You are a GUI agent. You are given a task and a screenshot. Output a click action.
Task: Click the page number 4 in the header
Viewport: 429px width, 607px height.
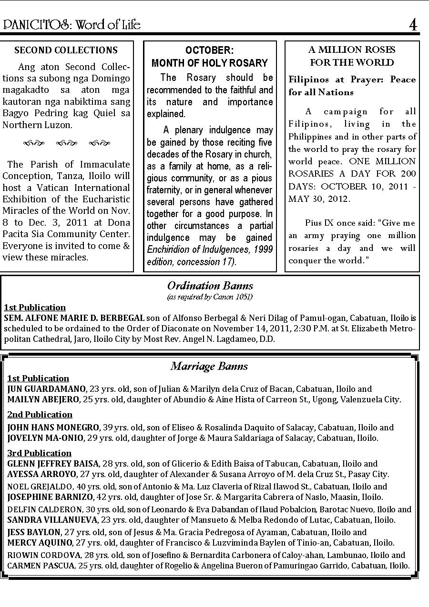pos(413,25)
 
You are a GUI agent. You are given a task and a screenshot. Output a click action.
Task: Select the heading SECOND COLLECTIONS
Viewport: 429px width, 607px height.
pos(66,50)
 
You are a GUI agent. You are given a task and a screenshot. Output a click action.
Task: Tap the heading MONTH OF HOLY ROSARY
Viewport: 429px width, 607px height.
pos(210,63)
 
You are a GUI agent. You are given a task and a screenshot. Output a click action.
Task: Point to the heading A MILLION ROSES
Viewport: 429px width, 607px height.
pos(352,50)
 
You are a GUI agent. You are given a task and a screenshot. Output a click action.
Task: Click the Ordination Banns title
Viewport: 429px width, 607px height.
pos(210,286)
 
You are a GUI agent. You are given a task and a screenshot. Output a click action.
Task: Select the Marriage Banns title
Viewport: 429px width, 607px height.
pos(209,366)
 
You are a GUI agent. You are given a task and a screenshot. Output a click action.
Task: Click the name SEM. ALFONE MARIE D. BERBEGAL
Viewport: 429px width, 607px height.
pos(74,318)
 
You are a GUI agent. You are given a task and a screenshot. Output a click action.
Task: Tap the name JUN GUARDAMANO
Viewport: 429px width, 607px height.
pos(47,389)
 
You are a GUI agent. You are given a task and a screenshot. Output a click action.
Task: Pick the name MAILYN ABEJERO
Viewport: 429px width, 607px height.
pos(43,399)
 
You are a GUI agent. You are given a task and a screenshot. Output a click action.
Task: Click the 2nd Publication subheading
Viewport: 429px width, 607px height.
pos(40,415)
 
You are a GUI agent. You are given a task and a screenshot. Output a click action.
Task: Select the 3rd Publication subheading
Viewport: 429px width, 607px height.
pos(39,453)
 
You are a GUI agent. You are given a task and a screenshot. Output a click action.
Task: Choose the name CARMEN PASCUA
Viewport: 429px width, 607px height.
pos(41,566)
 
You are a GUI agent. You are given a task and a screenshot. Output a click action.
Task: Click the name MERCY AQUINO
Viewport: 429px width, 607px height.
pos(40,543)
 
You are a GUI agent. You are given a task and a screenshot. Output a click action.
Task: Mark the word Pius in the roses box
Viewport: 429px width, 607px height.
pos(314,223)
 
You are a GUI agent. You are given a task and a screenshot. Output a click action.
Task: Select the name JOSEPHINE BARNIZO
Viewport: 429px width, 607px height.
pos(50,497)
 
